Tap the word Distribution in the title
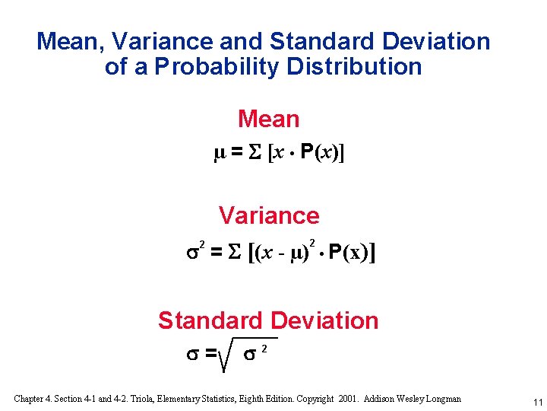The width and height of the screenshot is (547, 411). coord(354,67)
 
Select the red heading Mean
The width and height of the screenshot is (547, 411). coord(269,119)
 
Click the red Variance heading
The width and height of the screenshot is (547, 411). coord(269,216)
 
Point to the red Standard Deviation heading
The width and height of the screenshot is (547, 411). coord(268,321)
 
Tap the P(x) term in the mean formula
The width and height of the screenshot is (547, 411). coord(321,155)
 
